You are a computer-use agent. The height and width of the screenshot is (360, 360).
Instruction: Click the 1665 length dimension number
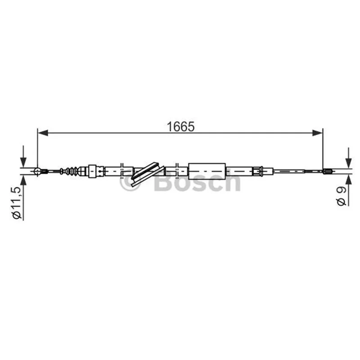(181, 126)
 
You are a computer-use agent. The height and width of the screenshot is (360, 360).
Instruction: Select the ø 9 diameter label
(342, 196)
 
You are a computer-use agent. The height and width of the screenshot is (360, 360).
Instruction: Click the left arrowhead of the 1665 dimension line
(43, 133)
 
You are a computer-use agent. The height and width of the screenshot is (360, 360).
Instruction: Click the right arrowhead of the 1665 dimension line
(318, 133)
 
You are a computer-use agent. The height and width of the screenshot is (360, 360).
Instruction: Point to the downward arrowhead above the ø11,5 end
(23, 162)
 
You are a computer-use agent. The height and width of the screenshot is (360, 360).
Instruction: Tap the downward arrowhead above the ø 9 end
(348, 163)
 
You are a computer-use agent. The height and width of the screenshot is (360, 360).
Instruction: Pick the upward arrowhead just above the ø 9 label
(348, 180)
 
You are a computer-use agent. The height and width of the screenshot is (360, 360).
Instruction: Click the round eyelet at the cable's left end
(37, 171)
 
